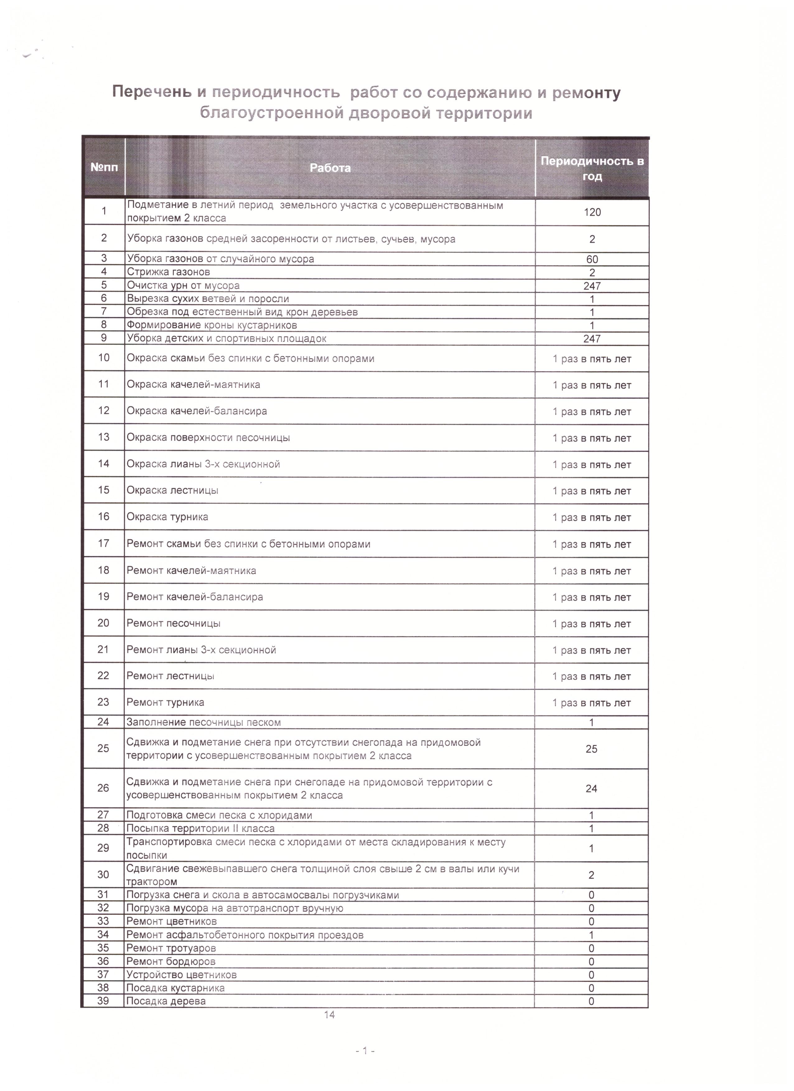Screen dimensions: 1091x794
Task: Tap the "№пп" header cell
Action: (x=104, y=168)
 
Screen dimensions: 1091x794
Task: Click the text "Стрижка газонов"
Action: (x=169, y=272)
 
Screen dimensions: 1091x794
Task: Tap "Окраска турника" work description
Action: (x=168, y=517)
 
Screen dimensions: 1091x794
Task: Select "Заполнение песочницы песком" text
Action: (x=204, y=722)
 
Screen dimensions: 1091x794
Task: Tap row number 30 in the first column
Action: (x=103, y=875)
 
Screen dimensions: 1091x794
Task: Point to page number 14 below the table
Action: (x=329, y=1015)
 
